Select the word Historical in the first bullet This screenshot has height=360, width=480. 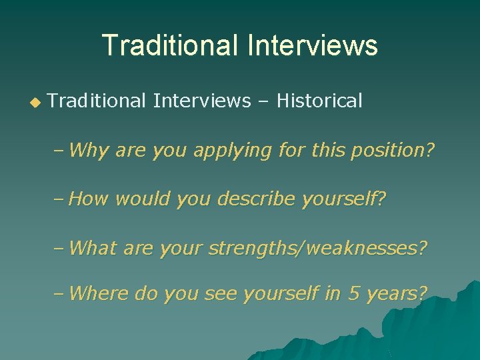pos(319,101)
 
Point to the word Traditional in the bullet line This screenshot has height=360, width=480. pos(97,101)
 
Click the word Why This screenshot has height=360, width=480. pos(89,151)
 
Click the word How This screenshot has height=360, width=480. pos(89,199)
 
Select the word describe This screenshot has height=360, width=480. pos(259,199)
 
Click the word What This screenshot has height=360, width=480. pos(92,248)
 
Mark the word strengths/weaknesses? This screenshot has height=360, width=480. pos(317,248)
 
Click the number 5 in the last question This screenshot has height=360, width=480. pos(353,293)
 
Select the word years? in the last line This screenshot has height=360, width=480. pos(397,294)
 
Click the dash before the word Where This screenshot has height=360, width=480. pos(60,293)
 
